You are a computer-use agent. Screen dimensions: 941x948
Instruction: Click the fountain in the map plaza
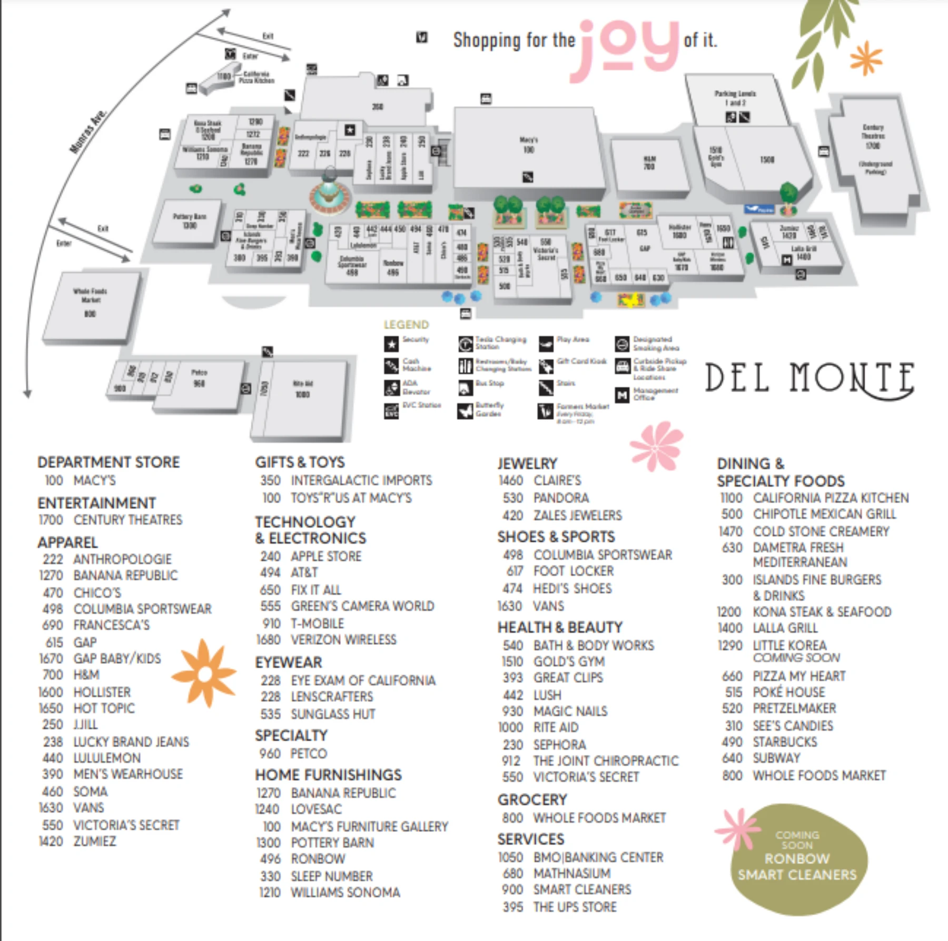[330, 193]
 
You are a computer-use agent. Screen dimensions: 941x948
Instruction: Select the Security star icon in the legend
[391, 344]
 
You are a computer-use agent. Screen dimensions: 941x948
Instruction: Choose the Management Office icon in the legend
[622, 395]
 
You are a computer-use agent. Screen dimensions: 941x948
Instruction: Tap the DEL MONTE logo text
[809, 378]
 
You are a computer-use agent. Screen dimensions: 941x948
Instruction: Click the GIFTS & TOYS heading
[300, 462]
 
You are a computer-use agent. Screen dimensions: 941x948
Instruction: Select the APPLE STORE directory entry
[326, 556]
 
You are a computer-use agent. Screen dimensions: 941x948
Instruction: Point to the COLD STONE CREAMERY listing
[821, 531]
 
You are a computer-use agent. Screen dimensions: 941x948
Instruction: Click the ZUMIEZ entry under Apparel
[95, 841]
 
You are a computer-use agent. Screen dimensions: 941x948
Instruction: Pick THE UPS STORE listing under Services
[575, 907]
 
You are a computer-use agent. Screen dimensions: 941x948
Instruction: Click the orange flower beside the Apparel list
[205, 673]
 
